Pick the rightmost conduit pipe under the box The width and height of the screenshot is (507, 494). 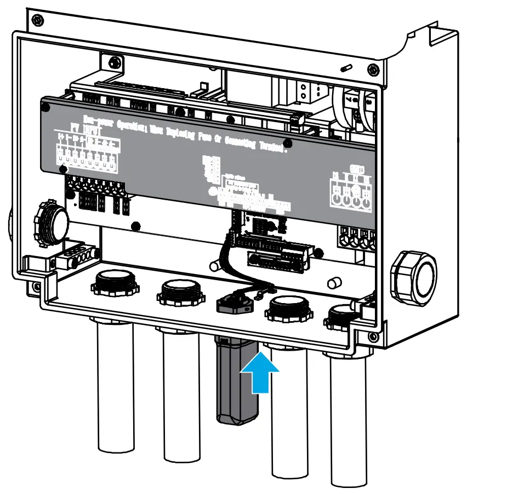[349, 416]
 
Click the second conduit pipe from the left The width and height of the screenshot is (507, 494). [180, 394]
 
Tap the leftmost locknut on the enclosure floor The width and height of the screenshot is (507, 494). [113, 283]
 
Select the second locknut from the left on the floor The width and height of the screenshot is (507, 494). [180, 293]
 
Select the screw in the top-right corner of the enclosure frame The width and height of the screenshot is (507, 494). [373, 69]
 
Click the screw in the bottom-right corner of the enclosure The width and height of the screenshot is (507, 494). [373, 336]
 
